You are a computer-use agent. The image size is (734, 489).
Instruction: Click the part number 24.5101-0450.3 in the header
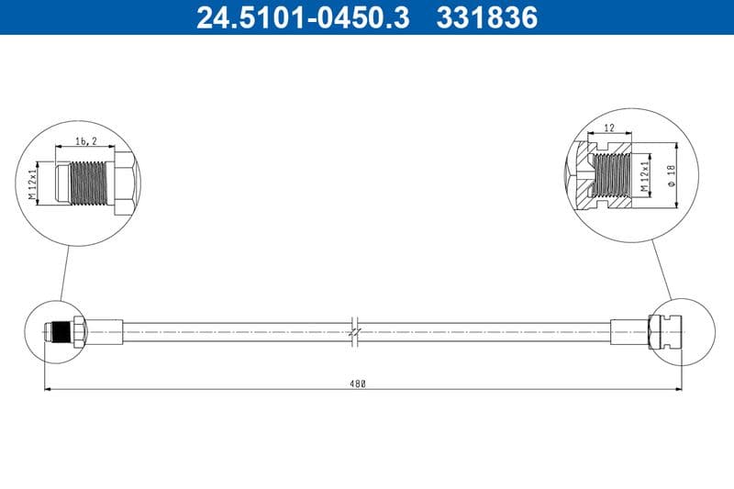pos(303,17)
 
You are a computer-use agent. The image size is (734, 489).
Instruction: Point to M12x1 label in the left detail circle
pos(33,183)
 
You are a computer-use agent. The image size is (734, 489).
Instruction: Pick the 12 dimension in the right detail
pos(609,129)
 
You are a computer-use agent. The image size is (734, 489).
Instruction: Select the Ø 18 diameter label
pos(672,175)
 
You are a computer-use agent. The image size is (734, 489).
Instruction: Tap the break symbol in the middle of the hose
pos(356,331)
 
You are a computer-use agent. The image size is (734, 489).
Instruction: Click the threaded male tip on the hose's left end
pos(57,330)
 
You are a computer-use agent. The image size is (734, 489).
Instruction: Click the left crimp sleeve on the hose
pos(104,330)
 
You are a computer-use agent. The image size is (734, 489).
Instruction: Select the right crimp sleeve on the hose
pos(628,330)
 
